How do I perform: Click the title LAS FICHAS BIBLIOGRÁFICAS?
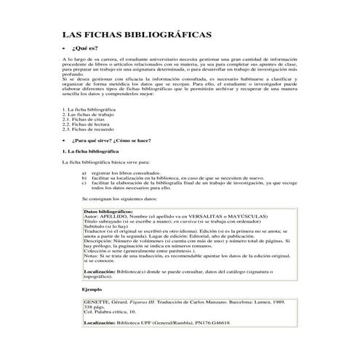tap(137, 34)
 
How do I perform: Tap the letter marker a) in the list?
tap(85, 173)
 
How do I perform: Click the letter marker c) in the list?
tap(85, 183)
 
